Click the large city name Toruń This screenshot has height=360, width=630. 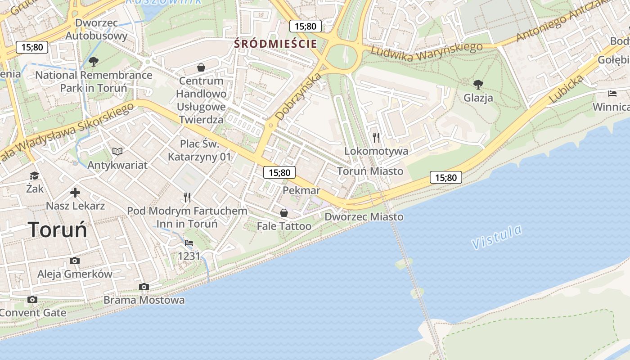[x=57, y=229]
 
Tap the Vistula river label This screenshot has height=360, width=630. [x=497, y=237]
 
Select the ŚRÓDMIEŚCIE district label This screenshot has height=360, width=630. [x=276, y=44]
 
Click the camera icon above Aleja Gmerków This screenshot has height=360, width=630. [x=75, y=261]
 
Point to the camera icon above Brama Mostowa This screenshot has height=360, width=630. [x=144, y=287]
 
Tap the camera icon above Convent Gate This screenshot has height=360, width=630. [x=32, y=299]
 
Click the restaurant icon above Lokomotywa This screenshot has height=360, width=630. [x=376, y=137]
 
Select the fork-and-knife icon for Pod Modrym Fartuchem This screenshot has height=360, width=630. [x=187, y=197]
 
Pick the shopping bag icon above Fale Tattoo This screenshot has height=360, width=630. [x=284, y=212]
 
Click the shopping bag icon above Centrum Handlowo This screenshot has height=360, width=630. [x=201, y=67]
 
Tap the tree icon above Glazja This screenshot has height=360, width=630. [x=478, y=84]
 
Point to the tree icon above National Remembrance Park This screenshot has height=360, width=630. [x=94, y=61]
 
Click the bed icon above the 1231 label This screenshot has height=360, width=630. [x=189, y=243]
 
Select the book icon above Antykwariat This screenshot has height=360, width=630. [x=117, y=151]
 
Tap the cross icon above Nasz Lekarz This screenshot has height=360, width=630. [x=75, y=193]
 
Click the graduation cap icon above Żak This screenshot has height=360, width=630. [x=35, y=175]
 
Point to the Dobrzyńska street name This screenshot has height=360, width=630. [x=298, y=96]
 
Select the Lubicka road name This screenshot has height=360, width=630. [x=567, y=89]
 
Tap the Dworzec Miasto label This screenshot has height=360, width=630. [x=364, y=216]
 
